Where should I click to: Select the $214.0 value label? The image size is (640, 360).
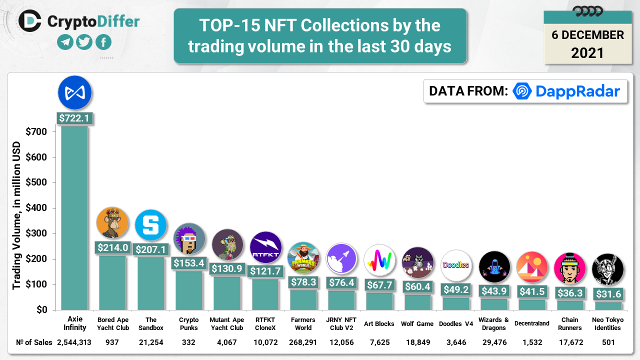(x=112, y=247)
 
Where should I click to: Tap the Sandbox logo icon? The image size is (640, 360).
(x=150, y=225)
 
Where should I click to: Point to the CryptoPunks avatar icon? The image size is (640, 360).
(x=189, y=239)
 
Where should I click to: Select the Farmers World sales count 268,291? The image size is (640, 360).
(x=303, y=342)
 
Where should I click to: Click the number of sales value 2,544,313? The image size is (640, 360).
(x=74, y=342)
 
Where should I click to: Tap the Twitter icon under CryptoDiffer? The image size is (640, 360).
(x=84, y=42)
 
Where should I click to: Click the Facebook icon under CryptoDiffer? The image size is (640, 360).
(x=103, y=42)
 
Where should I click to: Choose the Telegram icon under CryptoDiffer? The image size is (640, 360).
(x=65, y=42)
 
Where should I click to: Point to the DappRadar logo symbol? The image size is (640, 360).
(x=522, y=91)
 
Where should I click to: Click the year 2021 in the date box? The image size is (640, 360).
(x=587, y=53)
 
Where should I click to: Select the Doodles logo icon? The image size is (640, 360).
(x=456, y=265)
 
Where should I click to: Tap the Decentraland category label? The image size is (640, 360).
(x=531, y=323)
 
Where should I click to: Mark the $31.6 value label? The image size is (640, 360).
(x=608, y=294)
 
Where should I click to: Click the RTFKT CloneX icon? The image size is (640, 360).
(x=265, y=247)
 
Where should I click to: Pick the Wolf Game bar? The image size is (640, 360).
(x=417, y=302)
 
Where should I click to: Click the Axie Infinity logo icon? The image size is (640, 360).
(x=74, y=93)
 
